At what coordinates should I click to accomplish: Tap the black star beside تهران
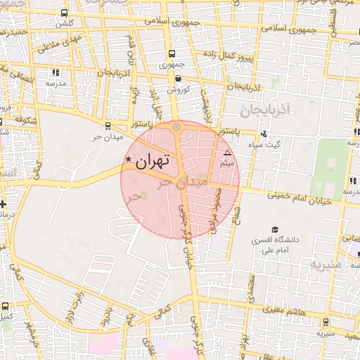click(128, 160)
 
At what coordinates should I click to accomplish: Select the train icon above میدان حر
click(107, 126)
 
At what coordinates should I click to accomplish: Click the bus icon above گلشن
click(65, 13)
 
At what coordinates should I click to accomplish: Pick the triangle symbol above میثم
click(226, 153)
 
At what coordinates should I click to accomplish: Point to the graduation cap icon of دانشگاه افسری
click(275, 229)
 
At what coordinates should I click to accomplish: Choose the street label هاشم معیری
click(280, 309)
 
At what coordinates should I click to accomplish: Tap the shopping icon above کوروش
click(178, 78)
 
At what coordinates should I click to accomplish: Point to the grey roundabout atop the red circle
click(176, 127)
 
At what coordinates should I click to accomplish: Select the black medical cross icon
click(4, 205)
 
